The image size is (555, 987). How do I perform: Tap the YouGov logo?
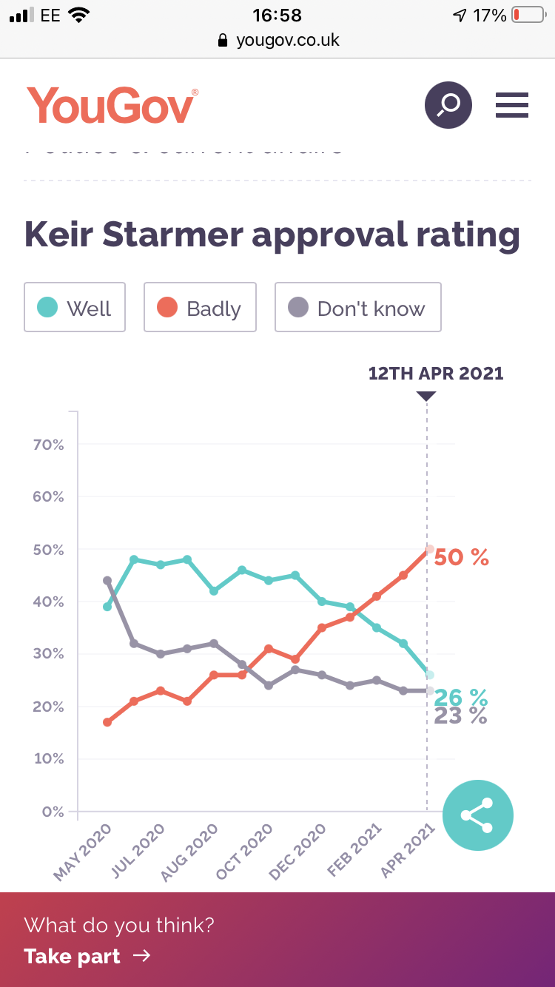(x=112, y=105)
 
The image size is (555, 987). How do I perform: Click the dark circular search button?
(x=448, y=105)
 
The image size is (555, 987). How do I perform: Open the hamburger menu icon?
(x=512, y=105)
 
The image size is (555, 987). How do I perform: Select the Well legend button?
(x=75, y=307)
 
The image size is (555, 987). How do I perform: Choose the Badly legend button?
(x=200, y=307)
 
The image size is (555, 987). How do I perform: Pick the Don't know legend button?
(x=358, y=307)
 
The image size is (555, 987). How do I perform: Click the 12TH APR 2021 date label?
(x=436, y=373)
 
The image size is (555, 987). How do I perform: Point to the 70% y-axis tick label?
(x=48, y=445)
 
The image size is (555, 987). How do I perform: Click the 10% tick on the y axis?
(x=48, y=759)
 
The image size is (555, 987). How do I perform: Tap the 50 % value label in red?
(x=461, y=557)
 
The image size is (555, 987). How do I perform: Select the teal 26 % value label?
(x=460, y=697)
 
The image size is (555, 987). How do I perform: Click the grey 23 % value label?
(x=460, y=716)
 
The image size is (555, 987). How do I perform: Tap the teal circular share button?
(x=477, y=815)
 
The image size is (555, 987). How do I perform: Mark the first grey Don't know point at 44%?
(x=107, y=581)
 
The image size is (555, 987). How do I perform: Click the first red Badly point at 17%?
(x=107, y=722)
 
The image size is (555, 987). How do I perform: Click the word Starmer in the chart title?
(x=172, y=235)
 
